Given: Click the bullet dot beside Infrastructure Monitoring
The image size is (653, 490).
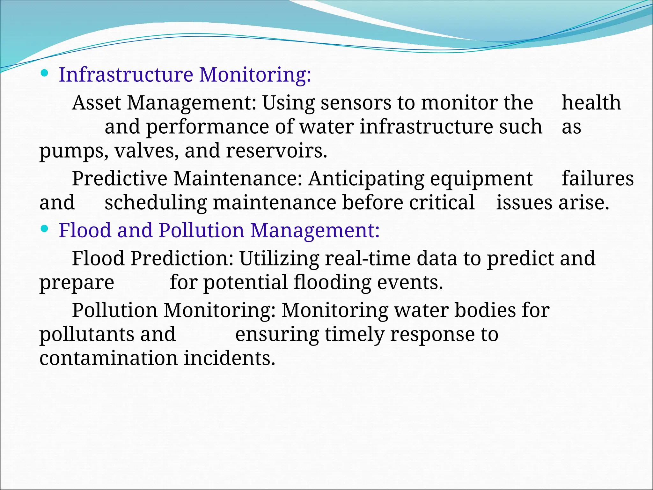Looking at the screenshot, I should [x=45, y=73].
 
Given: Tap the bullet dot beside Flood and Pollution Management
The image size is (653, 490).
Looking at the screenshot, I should [x=45, y=229].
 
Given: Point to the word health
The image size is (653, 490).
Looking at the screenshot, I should [x=591, y=103].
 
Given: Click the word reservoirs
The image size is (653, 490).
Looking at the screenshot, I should [x=276, y=151].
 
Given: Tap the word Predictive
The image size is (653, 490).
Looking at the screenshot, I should [x=120, y=178].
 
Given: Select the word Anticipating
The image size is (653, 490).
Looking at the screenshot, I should [x=366, y=178].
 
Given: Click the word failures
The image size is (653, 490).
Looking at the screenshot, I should [x=598, y=178].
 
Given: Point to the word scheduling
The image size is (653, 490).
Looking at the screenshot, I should [x=156, y=203].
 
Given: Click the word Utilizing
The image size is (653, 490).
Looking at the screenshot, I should [x=279, y=258].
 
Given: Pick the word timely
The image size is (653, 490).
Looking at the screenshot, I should [x=354, y=334].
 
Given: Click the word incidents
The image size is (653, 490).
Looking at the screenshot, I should [x=229, y=358].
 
